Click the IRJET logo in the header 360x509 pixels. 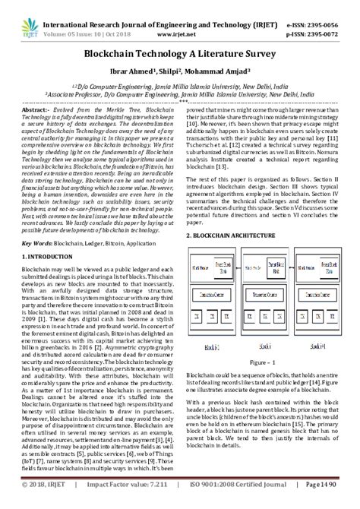(x=24, y=16)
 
